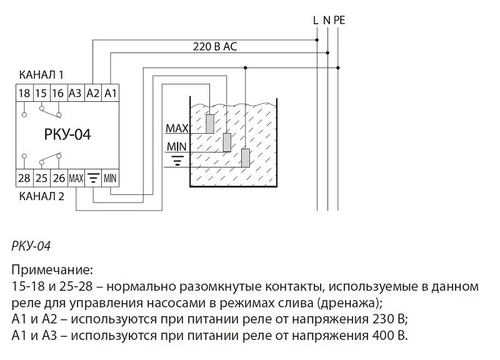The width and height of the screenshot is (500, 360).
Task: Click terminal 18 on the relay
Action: (24, 94)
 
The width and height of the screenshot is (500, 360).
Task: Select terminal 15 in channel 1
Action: (41, 94)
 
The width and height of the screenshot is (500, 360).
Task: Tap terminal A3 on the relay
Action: (76, 94)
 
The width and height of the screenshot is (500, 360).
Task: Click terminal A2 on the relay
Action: (93, 94)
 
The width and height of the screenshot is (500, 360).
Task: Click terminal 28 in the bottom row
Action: (24, 178)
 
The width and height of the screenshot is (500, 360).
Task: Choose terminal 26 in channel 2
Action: (59, 178)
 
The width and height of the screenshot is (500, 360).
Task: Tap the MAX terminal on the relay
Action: (76, 178)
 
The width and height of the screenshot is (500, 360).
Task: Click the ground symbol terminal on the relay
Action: (93, 178)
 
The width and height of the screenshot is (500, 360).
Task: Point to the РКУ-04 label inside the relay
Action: (68, 135)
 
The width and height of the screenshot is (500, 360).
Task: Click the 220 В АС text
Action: (214, 47)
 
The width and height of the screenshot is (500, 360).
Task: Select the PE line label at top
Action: (339, 20)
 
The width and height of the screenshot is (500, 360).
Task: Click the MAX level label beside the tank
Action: (177, 129)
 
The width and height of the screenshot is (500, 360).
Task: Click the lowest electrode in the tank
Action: (246, 158)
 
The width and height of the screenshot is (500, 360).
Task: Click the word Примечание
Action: (52, 271)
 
